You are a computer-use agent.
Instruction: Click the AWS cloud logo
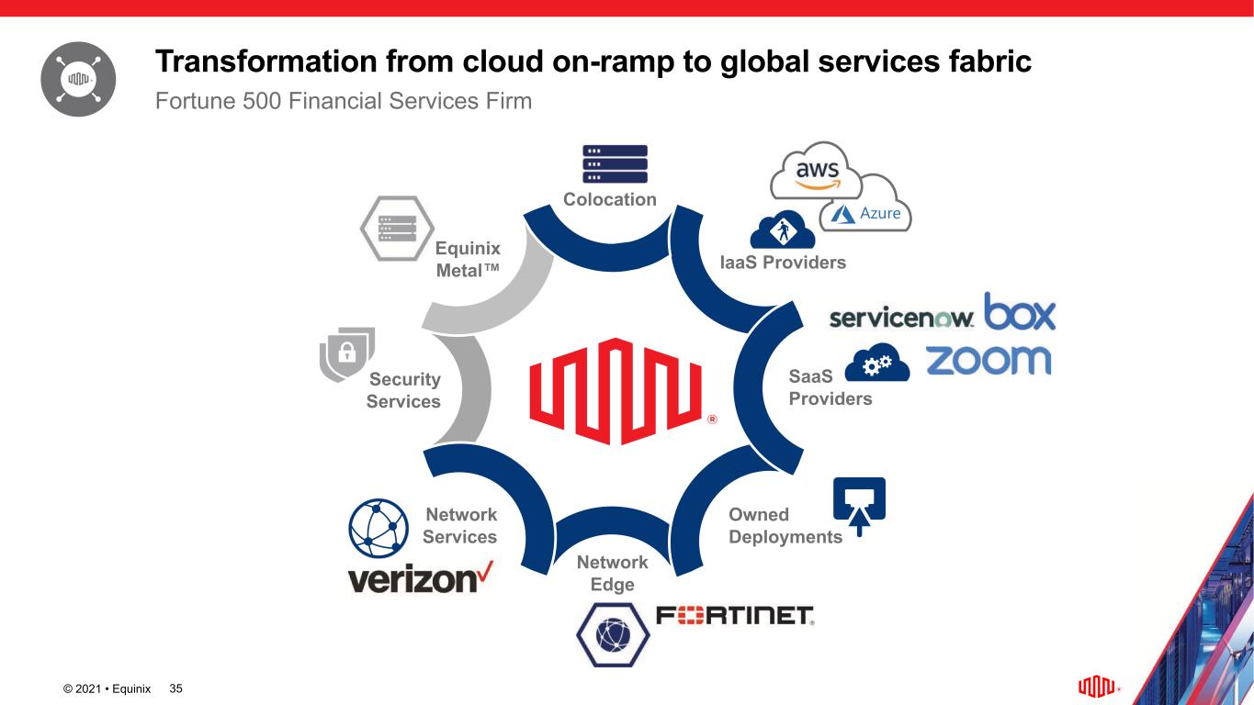tap(816, 172)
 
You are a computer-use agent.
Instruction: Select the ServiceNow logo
tap(901, 318)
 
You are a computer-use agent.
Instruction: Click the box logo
tap(1020, 312)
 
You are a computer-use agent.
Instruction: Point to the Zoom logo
tap(988, 359)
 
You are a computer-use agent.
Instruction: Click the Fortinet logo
tap(735, 615)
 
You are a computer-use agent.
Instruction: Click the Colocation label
tap(610, 199)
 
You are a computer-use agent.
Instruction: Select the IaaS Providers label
tap(783, 263)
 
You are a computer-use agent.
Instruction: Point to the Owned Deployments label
tap(785, 526)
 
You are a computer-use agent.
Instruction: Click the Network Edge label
tap(612, 573)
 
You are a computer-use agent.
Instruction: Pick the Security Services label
tap(404, 390)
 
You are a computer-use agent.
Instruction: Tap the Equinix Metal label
tap(468, 260)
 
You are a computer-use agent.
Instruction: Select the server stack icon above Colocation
tap(615, 164)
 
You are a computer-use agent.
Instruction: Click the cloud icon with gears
tap(876, 364)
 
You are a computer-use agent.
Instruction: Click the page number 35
tap(177, 688)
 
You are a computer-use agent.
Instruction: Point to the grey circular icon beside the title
tap(78, 79)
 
